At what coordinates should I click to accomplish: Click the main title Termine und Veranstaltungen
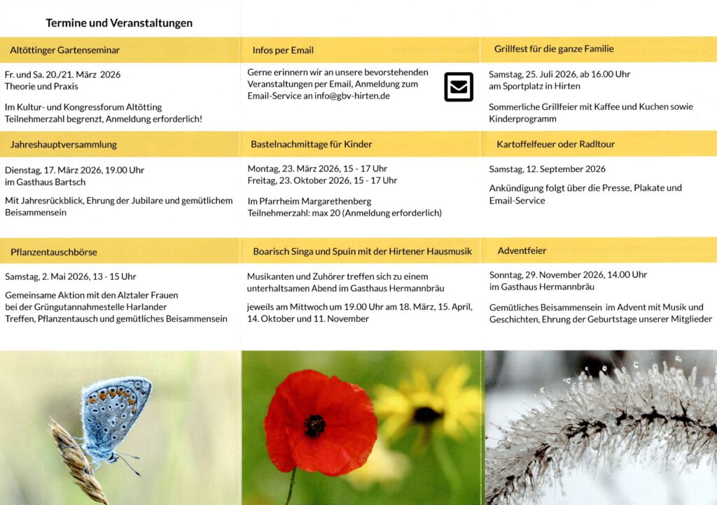119,23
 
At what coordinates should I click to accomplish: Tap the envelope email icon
459,87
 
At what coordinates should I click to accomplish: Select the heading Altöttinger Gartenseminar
65,50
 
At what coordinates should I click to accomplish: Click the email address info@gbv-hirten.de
352,96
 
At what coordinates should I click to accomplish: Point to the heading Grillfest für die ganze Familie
554,49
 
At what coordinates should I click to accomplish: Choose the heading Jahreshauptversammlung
64,145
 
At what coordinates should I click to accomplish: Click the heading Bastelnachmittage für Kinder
312,144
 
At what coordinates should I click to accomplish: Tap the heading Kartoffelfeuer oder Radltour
555,144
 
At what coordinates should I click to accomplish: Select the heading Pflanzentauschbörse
54,252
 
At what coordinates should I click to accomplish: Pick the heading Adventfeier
522,250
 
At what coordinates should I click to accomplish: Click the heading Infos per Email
283,50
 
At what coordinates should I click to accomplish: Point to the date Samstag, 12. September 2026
548,169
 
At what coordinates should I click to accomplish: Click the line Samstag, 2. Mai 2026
47,277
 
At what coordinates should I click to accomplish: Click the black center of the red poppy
314,425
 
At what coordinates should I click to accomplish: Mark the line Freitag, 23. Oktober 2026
322,181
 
